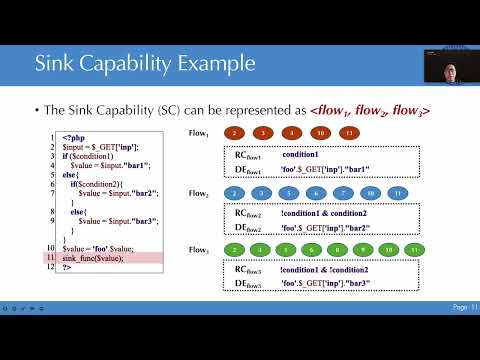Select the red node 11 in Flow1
pos(348,133)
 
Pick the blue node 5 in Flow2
pos(287,192)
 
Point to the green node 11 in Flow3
pos(413,250)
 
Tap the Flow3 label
pos(199,249)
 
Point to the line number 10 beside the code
pos(50,247)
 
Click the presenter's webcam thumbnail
pos(446,65)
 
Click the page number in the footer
pos(466,306)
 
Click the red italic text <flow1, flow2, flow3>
pos(370,111)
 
